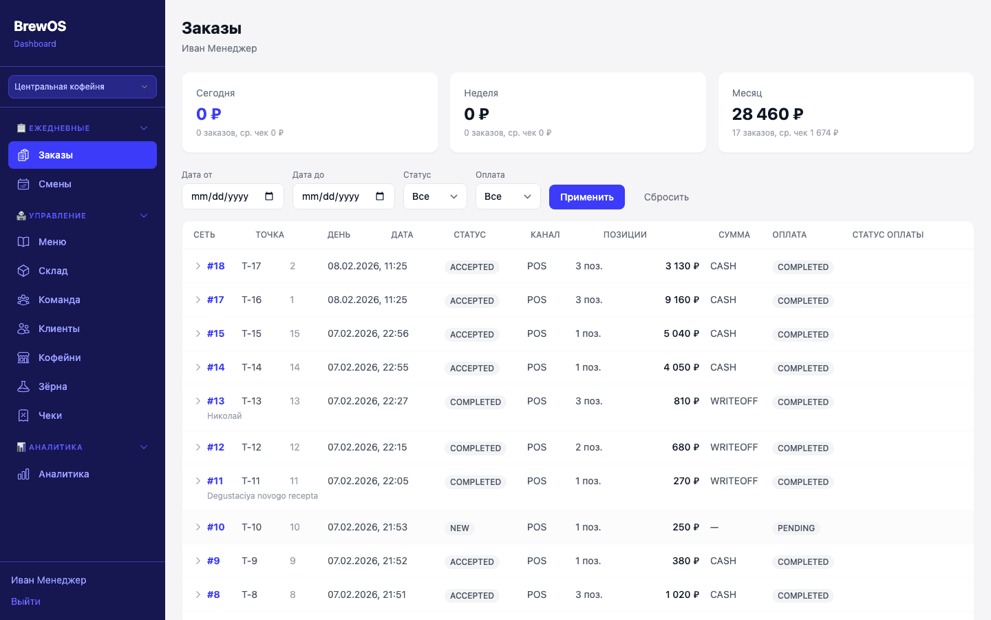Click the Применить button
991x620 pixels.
[586, 197]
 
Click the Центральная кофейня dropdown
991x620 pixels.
[83, 86]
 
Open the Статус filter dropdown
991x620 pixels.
[435, 196]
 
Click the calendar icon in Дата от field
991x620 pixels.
[269, 196]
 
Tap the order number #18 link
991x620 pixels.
[216, 266]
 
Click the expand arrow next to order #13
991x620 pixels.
[198, 401]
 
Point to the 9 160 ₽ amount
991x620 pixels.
[682, 300]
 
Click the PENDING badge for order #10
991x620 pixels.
[796, 528]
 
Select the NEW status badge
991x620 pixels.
[459, 528]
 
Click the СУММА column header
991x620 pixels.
[734, 235]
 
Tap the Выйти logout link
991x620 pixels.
[25, 601]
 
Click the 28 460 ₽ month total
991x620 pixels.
[767, 114]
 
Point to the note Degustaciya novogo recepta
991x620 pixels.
[262, 496]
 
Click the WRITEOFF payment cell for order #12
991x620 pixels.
[734, 447]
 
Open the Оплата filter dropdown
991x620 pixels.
[508, 196]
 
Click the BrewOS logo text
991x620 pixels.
[40, 26]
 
